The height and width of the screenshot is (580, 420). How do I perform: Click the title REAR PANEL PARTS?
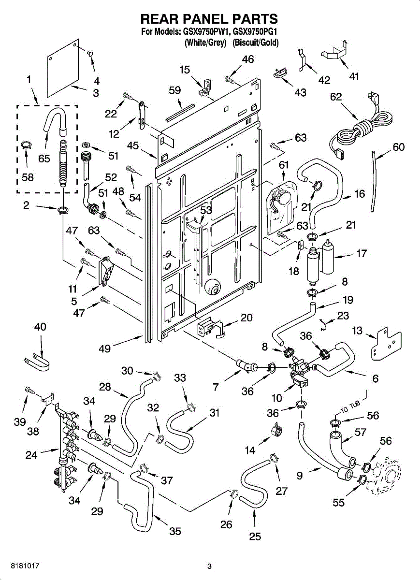pos(209,19)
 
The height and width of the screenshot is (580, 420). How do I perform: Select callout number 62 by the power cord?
pos(335,97)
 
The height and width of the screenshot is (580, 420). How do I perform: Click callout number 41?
pos(354,76)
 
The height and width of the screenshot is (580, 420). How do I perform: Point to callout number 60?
pos(399,147)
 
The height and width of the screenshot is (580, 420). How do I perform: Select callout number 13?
pos(357,330)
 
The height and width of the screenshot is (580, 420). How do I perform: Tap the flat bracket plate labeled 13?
pos(385,344)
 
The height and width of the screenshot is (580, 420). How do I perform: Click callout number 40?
pos(40,327)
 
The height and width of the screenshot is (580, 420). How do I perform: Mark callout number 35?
pos(175,531)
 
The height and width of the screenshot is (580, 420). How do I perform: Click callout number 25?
pos(255,536)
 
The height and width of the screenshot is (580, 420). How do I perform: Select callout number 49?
pos(105,348)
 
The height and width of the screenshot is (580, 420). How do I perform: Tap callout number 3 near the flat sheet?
pos(95,93)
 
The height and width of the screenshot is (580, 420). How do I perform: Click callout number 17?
pos(361,253)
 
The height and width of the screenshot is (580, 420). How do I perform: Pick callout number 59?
pos(174,90)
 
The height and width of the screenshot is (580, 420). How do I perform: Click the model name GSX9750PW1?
pos(205,32)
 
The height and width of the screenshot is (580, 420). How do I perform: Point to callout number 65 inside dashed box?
pos(44,158)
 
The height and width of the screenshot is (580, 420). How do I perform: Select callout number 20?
pos(246,318)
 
